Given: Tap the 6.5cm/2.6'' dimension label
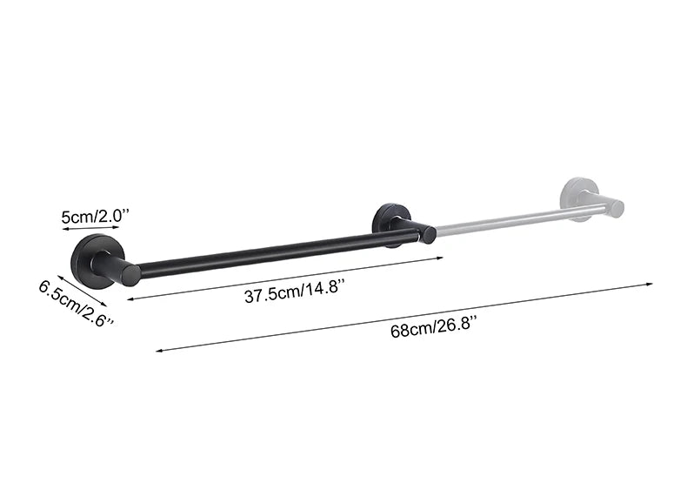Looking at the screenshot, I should (x=77, y=303).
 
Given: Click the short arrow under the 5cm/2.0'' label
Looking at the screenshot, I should (x=90, y=228).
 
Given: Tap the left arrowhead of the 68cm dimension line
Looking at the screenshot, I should (x=159, y=351).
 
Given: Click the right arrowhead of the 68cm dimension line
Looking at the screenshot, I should (x=650, y=283).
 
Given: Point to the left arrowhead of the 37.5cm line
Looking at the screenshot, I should (x=131, y=298).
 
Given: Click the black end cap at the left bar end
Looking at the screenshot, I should (x=130, y=274).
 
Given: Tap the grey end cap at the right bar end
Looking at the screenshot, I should (x=616, y=208).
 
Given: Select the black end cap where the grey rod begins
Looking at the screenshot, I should (x=428, y=233).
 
